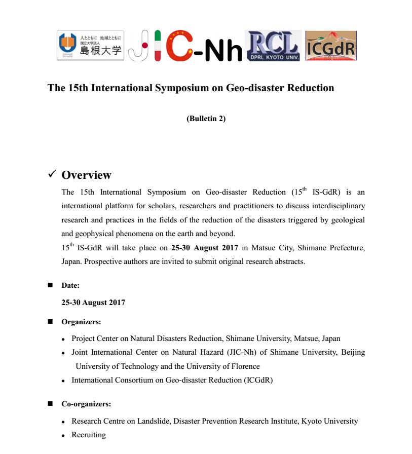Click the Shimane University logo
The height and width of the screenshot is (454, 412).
(90, 46)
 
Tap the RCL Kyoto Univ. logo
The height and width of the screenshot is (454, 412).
(273, 46)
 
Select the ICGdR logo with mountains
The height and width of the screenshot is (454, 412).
(331, 46)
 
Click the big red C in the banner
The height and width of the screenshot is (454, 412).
(180, 47)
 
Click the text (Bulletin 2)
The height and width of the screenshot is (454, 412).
(206, 119)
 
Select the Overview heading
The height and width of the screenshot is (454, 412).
(86, 175)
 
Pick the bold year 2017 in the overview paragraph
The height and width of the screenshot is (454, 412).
(230, 248)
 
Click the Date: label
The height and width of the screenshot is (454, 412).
(70, 286)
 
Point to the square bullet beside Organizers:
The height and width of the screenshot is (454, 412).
(50, 321)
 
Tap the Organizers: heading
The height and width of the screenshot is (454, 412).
(81, 322)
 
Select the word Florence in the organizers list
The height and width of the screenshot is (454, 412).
(245, 366)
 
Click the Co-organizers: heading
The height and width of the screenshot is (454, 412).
(86, 404)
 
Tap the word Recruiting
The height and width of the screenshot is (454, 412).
(89, 435)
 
